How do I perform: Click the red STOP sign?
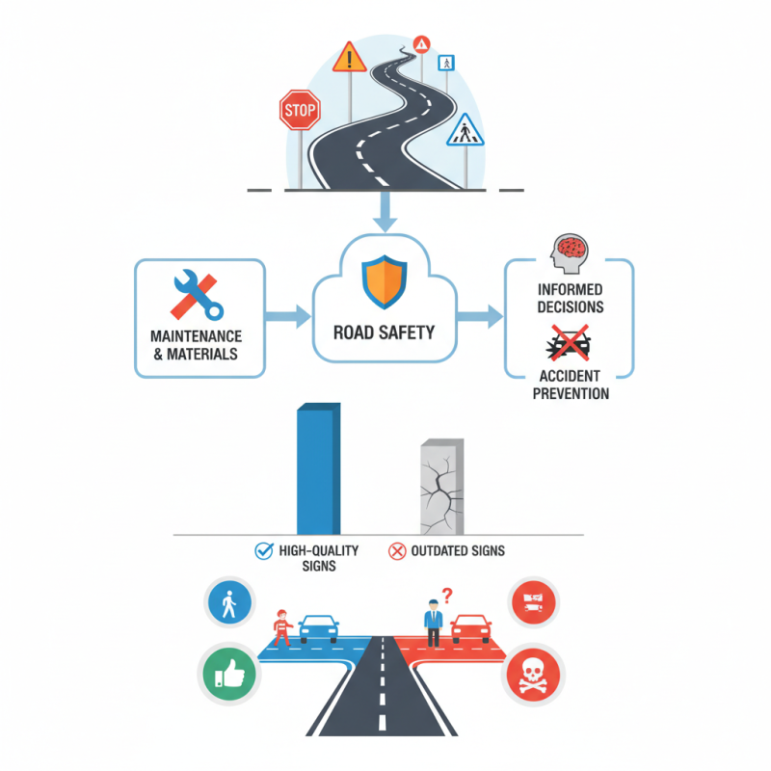(x=299, y=111)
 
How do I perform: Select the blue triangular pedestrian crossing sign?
(x=465, y=130)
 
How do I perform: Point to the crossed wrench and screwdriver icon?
(x=197, y=295)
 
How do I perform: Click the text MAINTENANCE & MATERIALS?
(x=196, y=346)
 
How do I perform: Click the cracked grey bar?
(x=441, y=488)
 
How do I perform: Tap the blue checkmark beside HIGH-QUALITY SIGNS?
(x=262, y=551)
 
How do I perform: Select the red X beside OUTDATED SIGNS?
(x=396, y=551)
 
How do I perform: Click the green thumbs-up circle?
(x=228, y=672)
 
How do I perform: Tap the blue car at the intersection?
(x=319, y=629)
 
